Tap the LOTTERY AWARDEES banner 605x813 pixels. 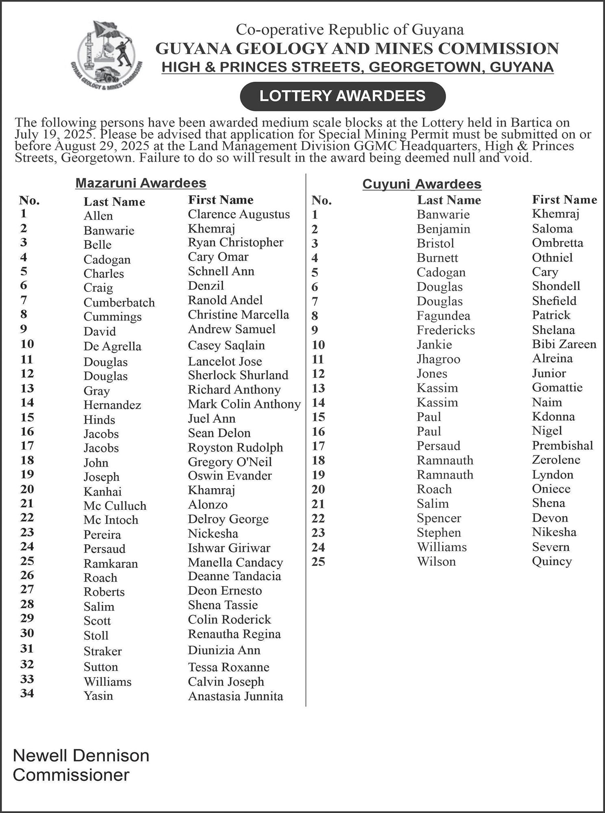(x=342, y=96)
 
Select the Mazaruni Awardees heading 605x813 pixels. (x=141, y=183)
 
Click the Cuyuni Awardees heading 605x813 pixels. (x=422, y=184)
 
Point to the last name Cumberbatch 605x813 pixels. (x=119, y=302)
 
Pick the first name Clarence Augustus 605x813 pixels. (x=239, y=214)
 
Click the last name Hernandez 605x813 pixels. (x=112, y=405)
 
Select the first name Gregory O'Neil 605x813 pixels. (x=230, y=462)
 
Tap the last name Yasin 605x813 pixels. (x=98, y=696)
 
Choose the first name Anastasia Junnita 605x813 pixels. (x=235, y=696)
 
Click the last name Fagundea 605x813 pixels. (x=443, y=316)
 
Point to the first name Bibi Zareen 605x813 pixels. (x=564, y=344)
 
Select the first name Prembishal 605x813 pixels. (x=562, y=446)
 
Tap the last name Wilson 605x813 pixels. (x=436, y=561)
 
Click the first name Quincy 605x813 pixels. (x=552, y=561)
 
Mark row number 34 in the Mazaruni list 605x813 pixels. (x=27, y=693)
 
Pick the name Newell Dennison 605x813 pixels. (x=81, y=756)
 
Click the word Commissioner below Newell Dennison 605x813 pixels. (x=71, y=775)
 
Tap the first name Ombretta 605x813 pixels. (x=557, y=243)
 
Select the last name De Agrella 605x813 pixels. (x=112, y=346)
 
